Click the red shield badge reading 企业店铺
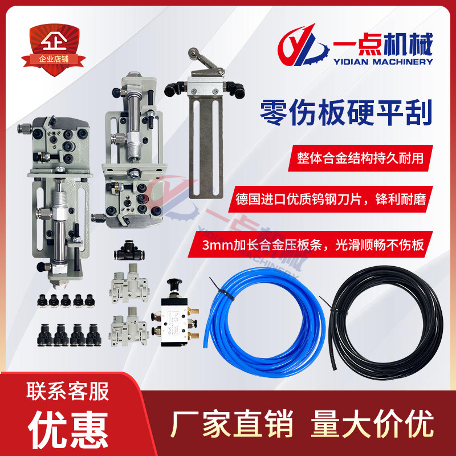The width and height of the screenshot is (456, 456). (54, 50)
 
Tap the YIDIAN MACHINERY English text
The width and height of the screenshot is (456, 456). (383, 62)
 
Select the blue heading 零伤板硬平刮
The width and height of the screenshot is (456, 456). (346, 113)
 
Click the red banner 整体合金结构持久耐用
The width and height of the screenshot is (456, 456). (360, 158)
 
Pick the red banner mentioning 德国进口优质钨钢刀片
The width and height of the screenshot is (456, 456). (331, 199)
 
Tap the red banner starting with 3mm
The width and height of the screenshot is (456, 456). (310, 245)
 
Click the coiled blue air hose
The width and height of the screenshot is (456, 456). (265, 322)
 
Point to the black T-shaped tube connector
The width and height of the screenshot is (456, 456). (129, 250)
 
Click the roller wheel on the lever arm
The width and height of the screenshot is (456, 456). (192, 53)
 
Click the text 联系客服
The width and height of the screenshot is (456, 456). (68, 391)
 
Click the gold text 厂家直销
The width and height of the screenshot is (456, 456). (231, 424)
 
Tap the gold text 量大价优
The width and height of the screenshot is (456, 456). (373, 424)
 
